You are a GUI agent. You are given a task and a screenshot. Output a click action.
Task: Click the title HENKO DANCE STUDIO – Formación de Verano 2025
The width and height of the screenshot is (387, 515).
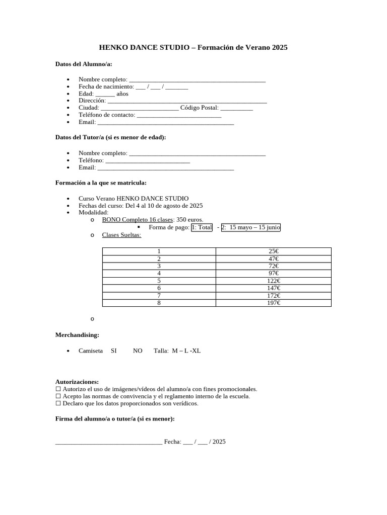coord(193,48)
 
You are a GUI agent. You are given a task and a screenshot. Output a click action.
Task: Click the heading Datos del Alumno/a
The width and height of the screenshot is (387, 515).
coord(84,64)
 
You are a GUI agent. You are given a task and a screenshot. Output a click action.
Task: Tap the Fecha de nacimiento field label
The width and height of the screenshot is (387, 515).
coord(106,87)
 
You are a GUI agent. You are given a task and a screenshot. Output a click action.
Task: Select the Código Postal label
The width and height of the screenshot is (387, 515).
coord(199,108)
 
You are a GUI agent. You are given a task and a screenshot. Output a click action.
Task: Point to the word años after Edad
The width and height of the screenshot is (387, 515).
coord(122,94)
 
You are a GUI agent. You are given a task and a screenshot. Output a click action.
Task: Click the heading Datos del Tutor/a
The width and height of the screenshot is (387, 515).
coord(110,137)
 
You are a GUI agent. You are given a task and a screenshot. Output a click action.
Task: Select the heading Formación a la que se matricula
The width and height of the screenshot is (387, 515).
coord(101,183)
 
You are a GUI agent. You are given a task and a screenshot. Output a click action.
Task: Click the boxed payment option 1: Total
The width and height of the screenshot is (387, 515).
coord(202,227)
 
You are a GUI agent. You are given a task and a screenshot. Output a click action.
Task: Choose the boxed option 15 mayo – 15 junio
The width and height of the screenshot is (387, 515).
coord(254,227)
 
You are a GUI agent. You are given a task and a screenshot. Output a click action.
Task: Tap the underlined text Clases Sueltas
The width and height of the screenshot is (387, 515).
coord(121,235)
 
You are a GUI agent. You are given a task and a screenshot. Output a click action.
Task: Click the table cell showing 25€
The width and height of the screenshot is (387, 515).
coord(274,251)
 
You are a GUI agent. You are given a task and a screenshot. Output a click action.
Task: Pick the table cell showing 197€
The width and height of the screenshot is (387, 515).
coord(274,303)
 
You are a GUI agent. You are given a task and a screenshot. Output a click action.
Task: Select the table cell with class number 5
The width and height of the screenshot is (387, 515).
coord(159,281)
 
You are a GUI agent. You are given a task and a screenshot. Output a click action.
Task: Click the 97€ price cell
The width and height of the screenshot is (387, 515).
coord(274,273)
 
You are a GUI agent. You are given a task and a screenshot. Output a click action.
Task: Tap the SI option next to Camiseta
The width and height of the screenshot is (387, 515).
coord(113,351)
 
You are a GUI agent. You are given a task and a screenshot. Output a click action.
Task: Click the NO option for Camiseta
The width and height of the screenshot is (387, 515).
coord(138,351)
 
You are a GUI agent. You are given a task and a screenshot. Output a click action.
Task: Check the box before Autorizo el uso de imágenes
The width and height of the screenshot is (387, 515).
coord(58,389)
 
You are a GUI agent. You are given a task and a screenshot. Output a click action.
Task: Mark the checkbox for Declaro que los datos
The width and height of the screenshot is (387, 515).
coord(58,403)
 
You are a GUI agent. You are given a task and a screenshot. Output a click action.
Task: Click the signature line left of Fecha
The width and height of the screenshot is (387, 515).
coord(108,443)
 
